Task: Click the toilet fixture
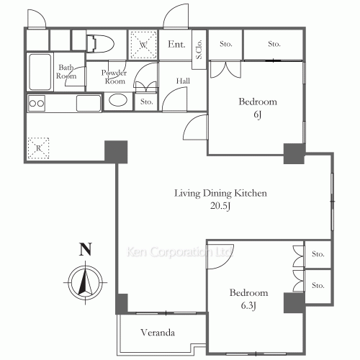click(99, 44)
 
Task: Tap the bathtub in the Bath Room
click(40, 72)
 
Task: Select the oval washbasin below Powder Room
click(118, 100)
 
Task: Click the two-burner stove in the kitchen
click(37, 104)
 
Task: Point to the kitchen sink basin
click(89, 104)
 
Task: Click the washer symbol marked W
click(143, 45)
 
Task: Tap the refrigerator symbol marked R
click(38, 148)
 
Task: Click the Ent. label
click(176, 44)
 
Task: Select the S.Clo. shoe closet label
click(199, 50)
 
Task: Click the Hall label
click(183, 81)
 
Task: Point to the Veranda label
click(158, 333)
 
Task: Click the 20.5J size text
click(220, 206)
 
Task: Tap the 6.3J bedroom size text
click(248, 306)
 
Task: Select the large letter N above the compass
click(86, 249)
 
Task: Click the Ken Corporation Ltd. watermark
click(179, 252)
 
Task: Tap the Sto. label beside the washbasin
click(146, 102)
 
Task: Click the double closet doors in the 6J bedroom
click(225, 70)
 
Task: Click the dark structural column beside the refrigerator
click(116, 152)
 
